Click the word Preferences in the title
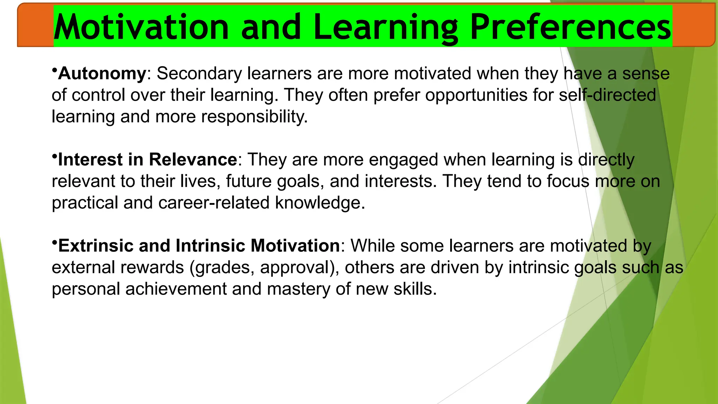coord(570,27)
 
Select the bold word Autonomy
coord(102,74)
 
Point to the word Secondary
coord(199,74)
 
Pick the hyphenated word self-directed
coord(607,95)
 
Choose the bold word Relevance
coord(193,160)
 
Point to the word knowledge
coord(320,203)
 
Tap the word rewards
coord(152,268)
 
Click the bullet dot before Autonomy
coord(54,69)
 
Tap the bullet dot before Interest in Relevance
coord(54,155)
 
